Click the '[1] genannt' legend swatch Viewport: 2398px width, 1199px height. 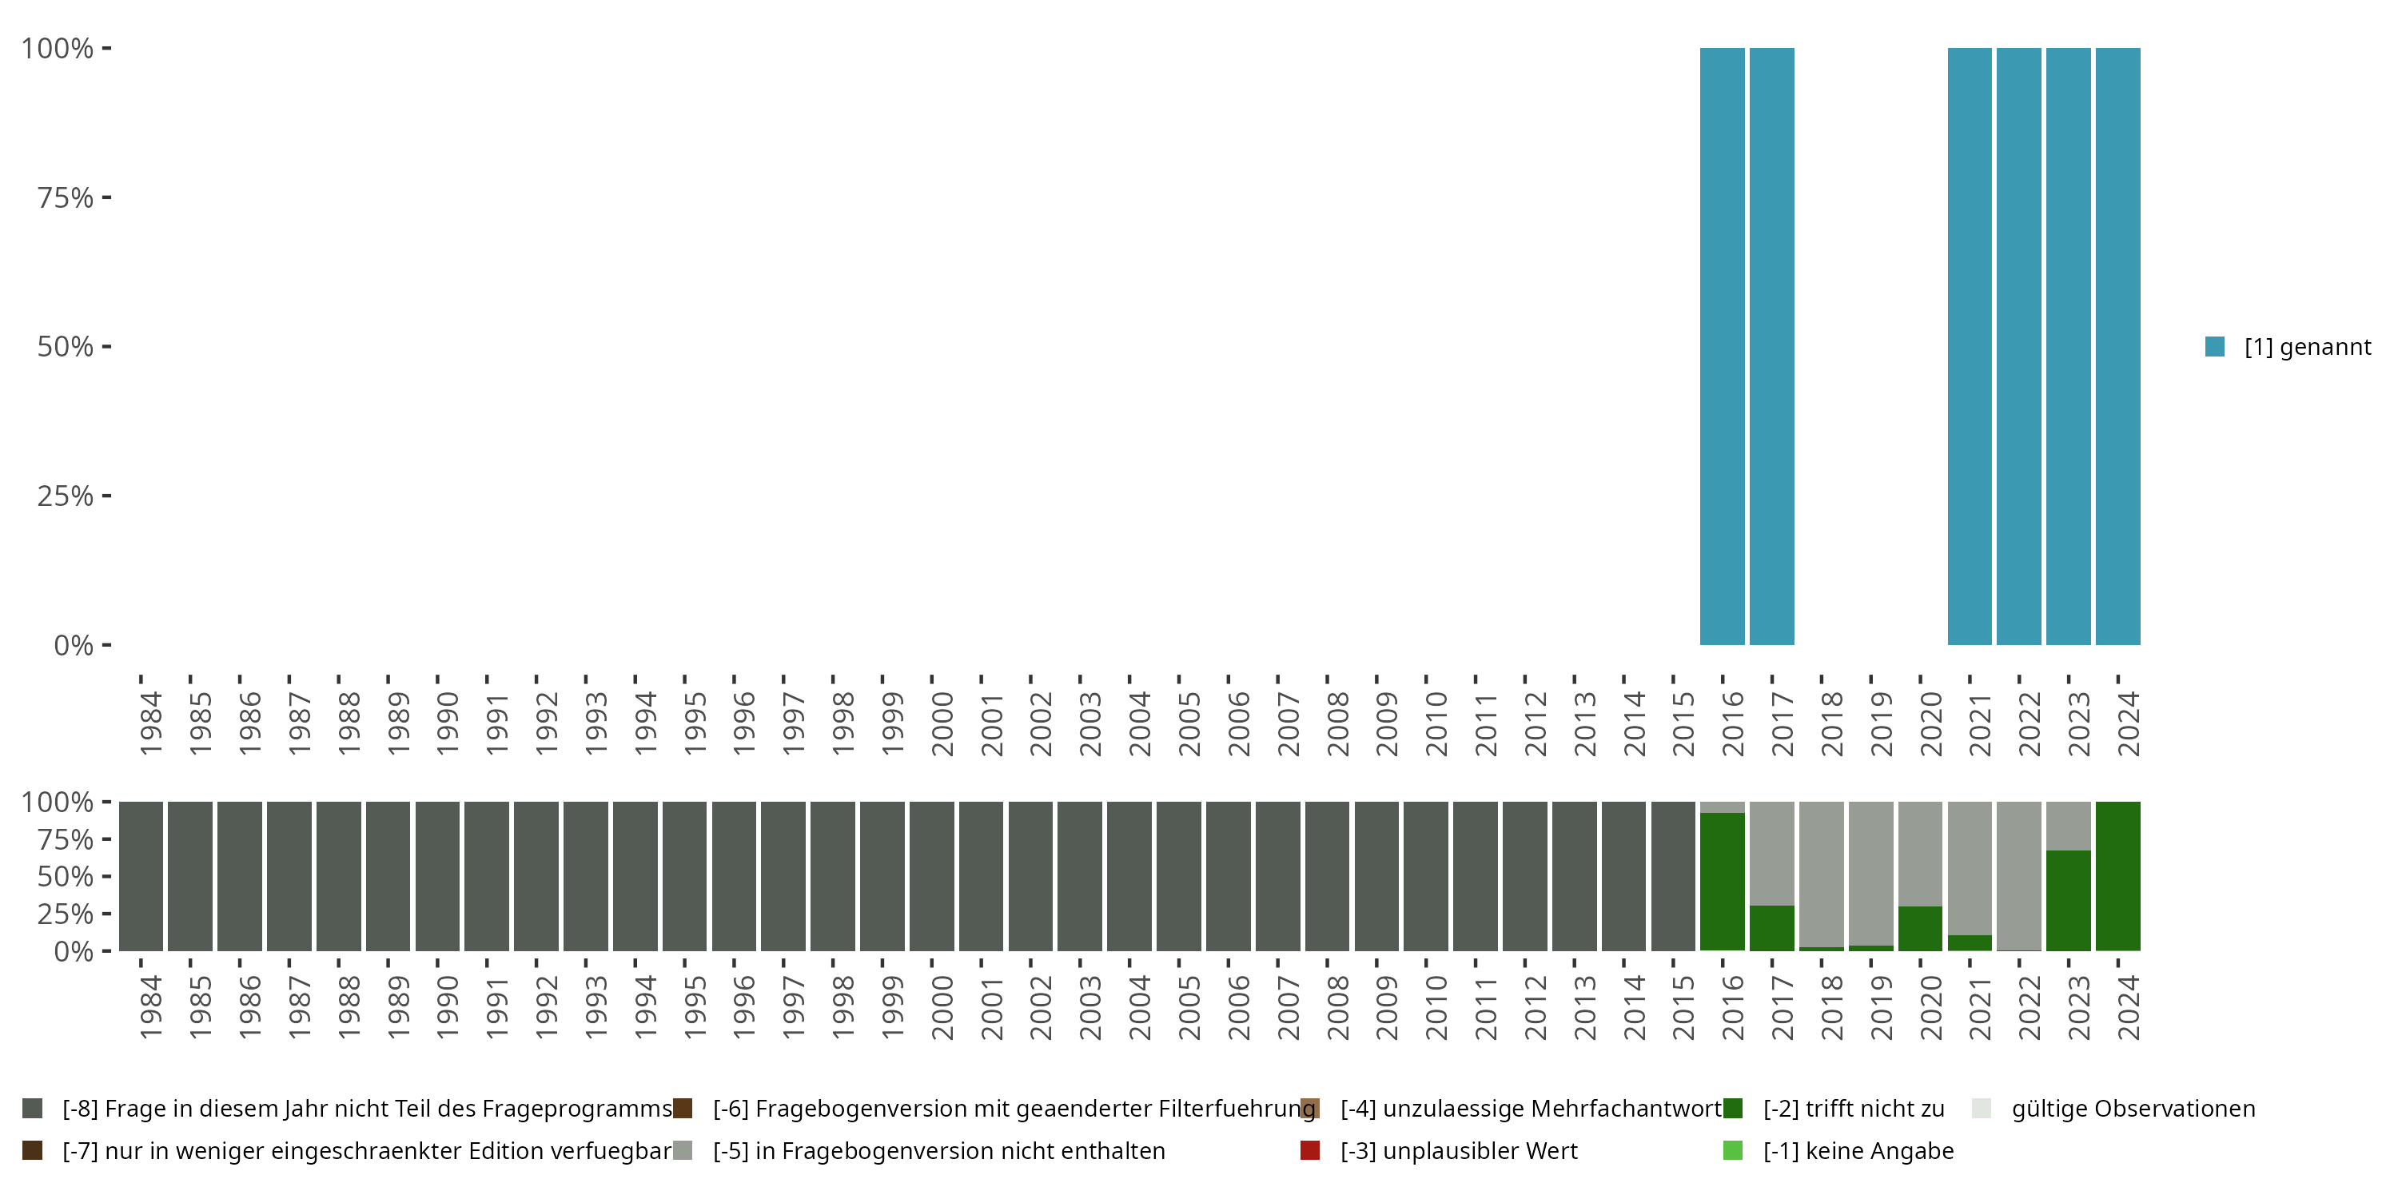coord(2215,346)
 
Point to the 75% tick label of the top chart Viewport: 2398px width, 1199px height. coord(66,197)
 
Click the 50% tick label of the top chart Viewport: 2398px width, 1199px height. coord(66,346)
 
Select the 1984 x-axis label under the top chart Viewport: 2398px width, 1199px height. coord(151,723)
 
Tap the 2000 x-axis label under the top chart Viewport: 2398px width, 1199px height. coord(942,723)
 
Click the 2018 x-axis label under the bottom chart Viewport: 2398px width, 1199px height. coord(1831,1007)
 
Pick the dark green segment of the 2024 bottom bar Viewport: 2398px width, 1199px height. coord(2117,876)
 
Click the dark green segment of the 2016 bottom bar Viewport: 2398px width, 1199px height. coord(1723,882)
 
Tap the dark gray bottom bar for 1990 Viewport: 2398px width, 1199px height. coord(437,876)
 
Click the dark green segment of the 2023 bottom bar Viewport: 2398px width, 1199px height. coord(2069,900)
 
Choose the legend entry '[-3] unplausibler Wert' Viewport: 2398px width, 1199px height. coord(1458,1150)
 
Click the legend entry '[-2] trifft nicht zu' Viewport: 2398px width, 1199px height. coord(1853,1109)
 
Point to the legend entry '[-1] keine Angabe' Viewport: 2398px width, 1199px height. coord(1857,1150)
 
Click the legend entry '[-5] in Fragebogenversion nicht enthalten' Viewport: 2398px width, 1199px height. coord(938,1150)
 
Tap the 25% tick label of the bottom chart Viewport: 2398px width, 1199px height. coord(66,913)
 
